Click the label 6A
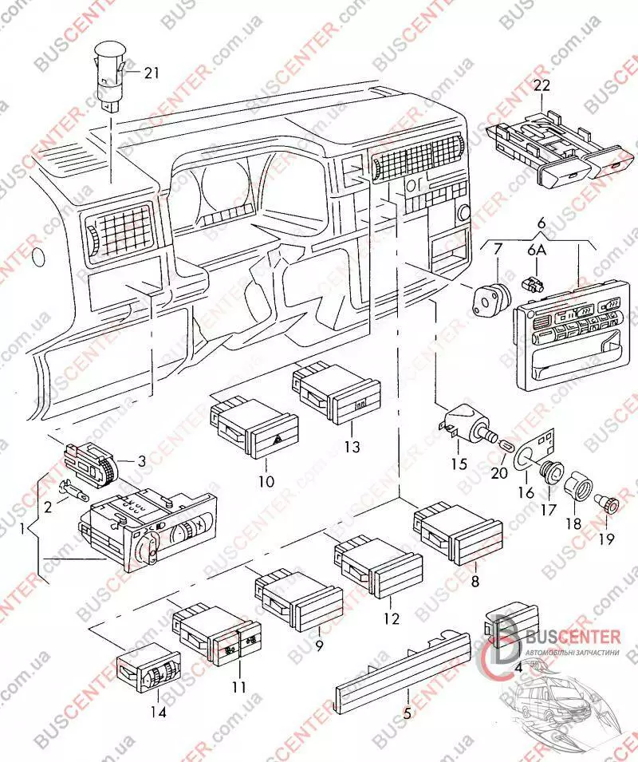tap(537, 252)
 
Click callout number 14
tap(159, 713)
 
